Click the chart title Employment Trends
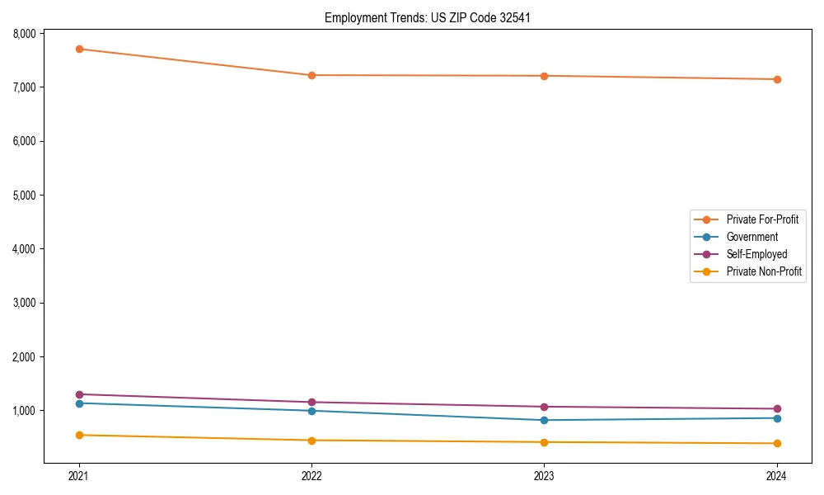pyautogui.click(x=421, y=17)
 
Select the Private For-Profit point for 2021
pyautogui.click(x=79, y=49)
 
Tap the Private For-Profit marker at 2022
pyautogui.click(x=311, y=75)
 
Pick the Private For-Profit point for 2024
pyautogui.click(x=776, y=79)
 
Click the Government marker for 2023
pyautogui.click(x=544, y=420)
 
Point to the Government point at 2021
pyautogui.click(x=79, y=403)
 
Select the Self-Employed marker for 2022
pyautogui.click(x=311, y=402)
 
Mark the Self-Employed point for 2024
pyautogui.click(x=776, y=408)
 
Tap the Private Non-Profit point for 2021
pyautogui.click(x=79, y=435)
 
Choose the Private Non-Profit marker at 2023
pyautogui.click(x=544, y=442)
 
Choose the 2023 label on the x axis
pyautogui.click(x=544, y=475)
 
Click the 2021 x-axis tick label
pyautogui.click(x=79, y=475)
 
